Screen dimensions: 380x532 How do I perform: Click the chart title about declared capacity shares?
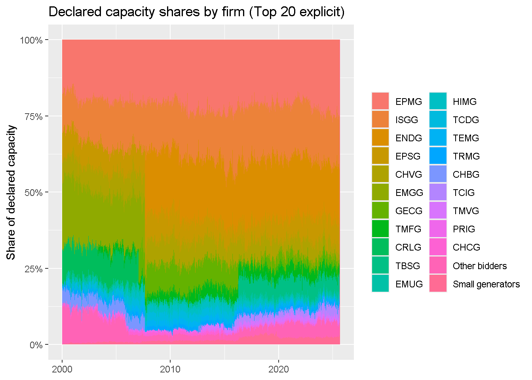tap(196, 12)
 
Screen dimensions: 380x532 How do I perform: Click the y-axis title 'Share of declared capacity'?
tap(11, 192)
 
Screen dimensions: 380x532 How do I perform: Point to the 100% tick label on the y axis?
tap(31, 40)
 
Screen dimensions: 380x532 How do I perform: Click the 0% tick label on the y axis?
tap(36, 345)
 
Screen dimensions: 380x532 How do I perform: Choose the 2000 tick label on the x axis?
tap(62, 369)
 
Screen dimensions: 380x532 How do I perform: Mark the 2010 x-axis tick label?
tap(170, 369)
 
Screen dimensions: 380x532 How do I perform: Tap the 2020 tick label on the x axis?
tap(279, 369)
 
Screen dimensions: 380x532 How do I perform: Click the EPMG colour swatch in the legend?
tap(380, 101)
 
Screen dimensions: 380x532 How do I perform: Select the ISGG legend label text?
tap(407, 120)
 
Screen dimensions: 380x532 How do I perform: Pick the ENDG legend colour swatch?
tap(380, 138)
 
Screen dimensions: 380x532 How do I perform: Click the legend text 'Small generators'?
tap(486, 284)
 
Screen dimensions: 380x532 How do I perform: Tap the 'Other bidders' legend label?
tap(480, 266)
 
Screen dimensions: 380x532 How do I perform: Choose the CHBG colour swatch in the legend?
tap(438, 174)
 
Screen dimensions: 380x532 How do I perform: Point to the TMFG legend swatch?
tap(380, 229)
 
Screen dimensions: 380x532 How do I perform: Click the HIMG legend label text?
tap(465, 102)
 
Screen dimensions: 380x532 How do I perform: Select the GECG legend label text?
tap(409, 211)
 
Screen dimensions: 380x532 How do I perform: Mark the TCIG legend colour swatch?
tap(438, 192)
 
